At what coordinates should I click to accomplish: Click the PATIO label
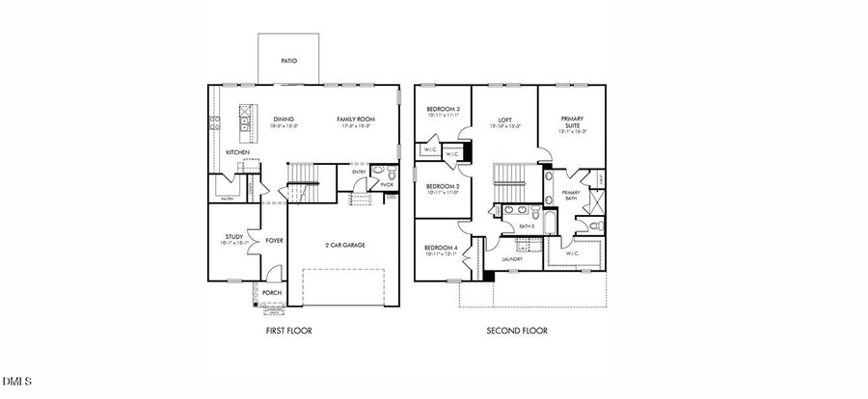(x=288, y=61)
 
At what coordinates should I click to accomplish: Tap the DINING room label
(x=283, y=120)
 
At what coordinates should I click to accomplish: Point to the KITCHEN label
(x=237, y=152)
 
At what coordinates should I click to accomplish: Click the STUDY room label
(x=234, y=236)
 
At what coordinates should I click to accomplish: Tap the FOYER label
(x=274, y=241)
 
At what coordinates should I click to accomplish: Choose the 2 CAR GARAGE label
(x=344, y=245)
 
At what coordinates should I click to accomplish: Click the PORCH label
(x=272, y=293)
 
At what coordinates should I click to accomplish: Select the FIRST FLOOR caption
(x=288, y=331)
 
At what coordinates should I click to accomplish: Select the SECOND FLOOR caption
(x=516, y=331)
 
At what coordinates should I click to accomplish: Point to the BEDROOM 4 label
(x=440, y=248)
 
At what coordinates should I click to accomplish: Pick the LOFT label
(x=504, y=120)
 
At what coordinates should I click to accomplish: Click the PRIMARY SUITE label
(x=572, y=122)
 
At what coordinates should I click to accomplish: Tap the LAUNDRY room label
(x=511, y=258)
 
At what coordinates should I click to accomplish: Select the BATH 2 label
(x=527, y=226)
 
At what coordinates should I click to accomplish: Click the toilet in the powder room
(x=378, y=173)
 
